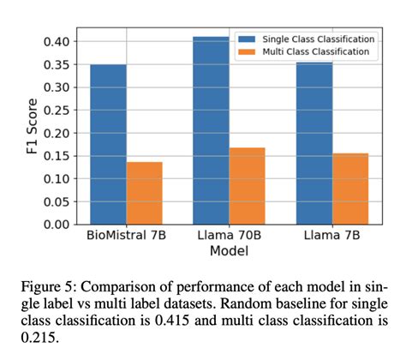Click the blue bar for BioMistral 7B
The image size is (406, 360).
tap(108, 144)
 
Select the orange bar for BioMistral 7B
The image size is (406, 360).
tap(144, 193)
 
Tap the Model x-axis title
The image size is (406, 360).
tap(229, 252)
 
